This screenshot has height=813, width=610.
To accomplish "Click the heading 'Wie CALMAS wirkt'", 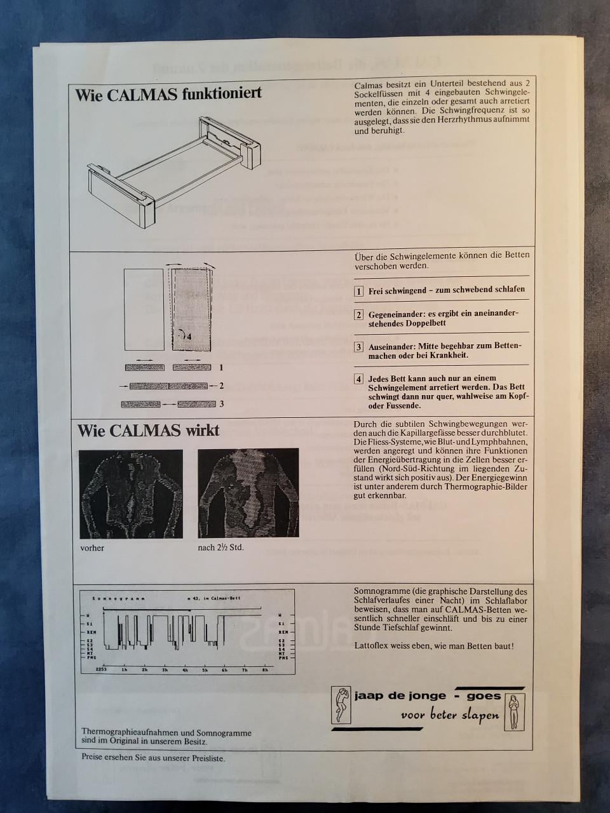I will [148, 431].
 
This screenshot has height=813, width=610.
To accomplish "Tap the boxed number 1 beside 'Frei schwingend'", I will [359, 291].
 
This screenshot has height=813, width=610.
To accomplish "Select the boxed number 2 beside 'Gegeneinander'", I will [359, 315].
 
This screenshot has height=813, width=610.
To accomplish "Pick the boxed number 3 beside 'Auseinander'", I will [359, 347].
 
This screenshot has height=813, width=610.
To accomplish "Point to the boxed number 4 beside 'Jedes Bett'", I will [359, 379].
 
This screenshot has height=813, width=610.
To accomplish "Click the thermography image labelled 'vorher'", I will [131, 494].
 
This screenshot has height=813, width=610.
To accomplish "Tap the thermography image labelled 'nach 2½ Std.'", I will [248, 494].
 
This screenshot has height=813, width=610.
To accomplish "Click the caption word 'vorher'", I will [92, 548].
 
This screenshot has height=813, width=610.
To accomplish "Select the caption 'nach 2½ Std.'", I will [220, 548].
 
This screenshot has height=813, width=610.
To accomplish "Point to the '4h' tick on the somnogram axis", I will [184, 670].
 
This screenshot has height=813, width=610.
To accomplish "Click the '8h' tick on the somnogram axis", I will [264, 670].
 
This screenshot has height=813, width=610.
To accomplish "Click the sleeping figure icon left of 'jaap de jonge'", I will [342, 706].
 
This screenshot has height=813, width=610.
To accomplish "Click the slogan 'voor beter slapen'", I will [449, 715].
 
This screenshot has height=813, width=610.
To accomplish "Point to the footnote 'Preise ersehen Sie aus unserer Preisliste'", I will [153, 757].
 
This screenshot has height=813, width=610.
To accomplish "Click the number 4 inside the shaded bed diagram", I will [189, 337].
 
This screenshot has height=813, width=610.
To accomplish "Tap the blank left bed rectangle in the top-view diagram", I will [144, 309].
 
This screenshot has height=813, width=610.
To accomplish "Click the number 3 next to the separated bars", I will [221, 404].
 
